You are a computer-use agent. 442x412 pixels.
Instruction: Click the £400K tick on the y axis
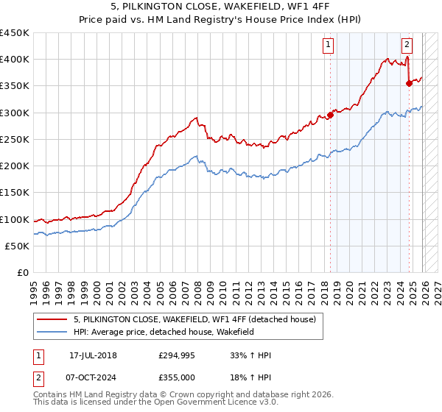tap(15, 60)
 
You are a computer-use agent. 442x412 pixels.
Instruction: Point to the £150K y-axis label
tap(15, 193)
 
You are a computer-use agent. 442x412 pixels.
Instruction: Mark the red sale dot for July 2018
tap(330, 115)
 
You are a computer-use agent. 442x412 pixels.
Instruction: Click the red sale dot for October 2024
tap(409, 83)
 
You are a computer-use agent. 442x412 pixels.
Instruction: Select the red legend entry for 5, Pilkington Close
tap(194, 319)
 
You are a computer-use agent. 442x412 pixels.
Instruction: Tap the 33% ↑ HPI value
tap(251, 355)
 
